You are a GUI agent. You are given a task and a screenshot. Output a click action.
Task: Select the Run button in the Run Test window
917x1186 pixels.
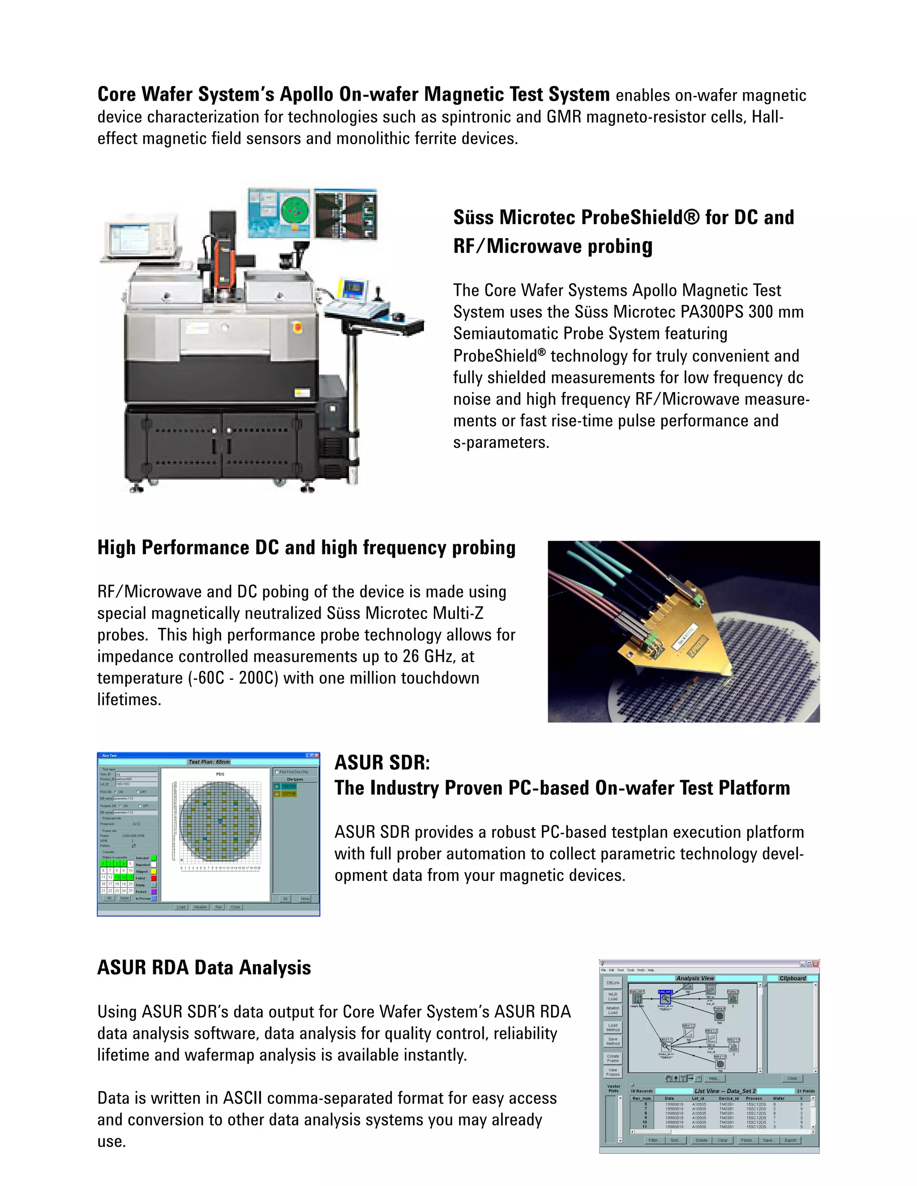(x=219, y=907)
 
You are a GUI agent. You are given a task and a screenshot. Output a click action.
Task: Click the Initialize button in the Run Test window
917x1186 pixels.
(x=201, y=907)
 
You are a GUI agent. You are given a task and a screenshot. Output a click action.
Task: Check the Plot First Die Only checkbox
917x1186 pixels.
(x=277, y=772)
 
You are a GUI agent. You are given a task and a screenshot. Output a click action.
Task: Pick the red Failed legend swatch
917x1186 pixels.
(x=154, y=878)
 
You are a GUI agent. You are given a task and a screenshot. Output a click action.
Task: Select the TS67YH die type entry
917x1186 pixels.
(x=289, y=786)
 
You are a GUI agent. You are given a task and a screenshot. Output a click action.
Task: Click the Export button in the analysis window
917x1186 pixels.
(x=790, y=1140)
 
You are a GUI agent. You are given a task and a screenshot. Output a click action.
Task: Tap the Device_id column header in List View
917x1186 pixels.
(x=729, y=1099)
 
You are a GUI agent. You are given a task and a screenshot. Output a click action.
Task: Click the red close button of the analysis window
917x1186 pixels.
(x=816, y=964)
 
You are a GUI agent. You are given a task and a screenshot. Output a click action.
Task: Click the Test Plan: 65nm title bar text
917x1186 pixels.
(x=209, y=762)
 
